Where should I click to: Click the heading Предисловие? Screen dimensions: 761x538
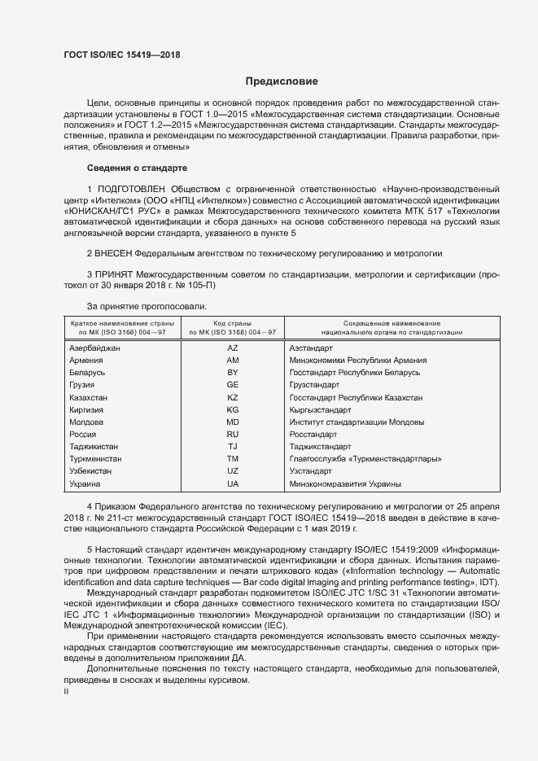click(282, 81)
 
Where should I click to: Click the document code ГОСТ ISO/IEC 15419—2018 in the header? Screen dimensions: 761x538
click(121, 55)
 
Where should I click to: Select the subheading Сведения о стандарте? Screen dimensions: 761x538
click(137, 168)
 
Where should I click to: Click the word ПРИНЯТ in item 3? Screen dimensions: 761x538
click(117, 276)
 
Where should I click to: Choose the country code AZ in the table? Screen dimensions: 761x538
click(232, 348)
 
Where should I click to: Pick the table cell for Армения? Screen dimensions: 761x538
click(86, 360)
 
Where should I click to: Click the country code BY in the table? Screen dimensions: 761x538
click(232, 372)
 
